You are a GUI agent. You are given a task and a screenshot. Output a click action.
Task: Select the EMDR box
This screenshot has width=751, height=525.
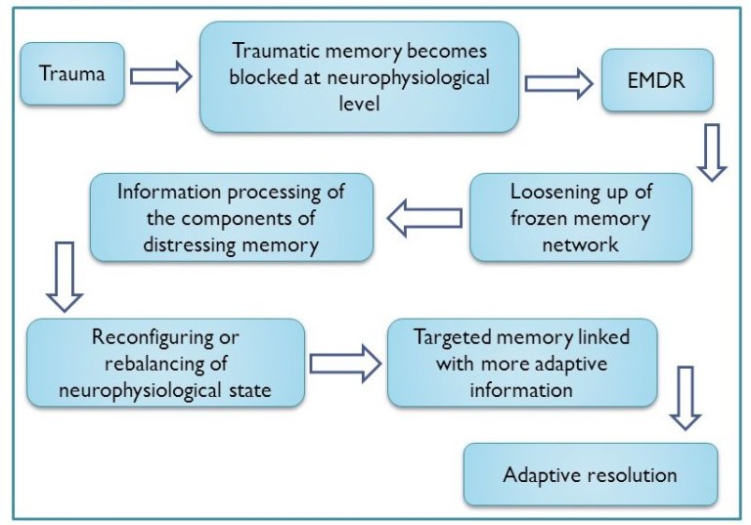[657, 79]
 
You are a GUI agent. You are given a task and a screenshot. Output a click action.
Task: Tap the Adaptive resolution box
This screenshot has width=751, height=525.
[590, 476]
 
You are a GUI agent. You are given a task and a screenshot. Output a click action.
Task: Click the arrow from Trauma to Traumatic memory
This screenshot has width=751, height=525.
[161, 77]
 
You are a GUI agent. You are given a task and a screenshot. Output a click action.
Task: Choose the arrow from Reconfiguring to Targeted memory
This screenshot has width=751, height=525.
[345, 364]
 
